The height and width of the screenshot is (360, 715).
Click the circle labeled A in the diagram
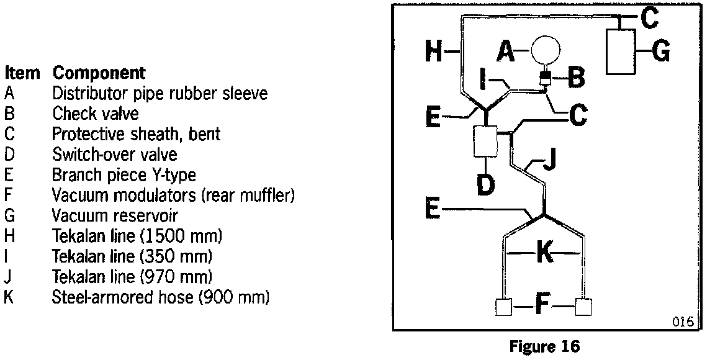tap(544, 50)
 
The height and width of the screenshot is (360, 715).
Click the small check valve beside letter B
tap(546, 79)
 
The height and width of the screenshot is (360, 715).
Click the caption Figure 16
tap(544, 346)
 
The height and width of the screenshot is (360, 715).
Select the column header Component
tap(99, 73)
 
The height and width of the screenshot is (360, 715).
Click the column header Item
tap(22, 73)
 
